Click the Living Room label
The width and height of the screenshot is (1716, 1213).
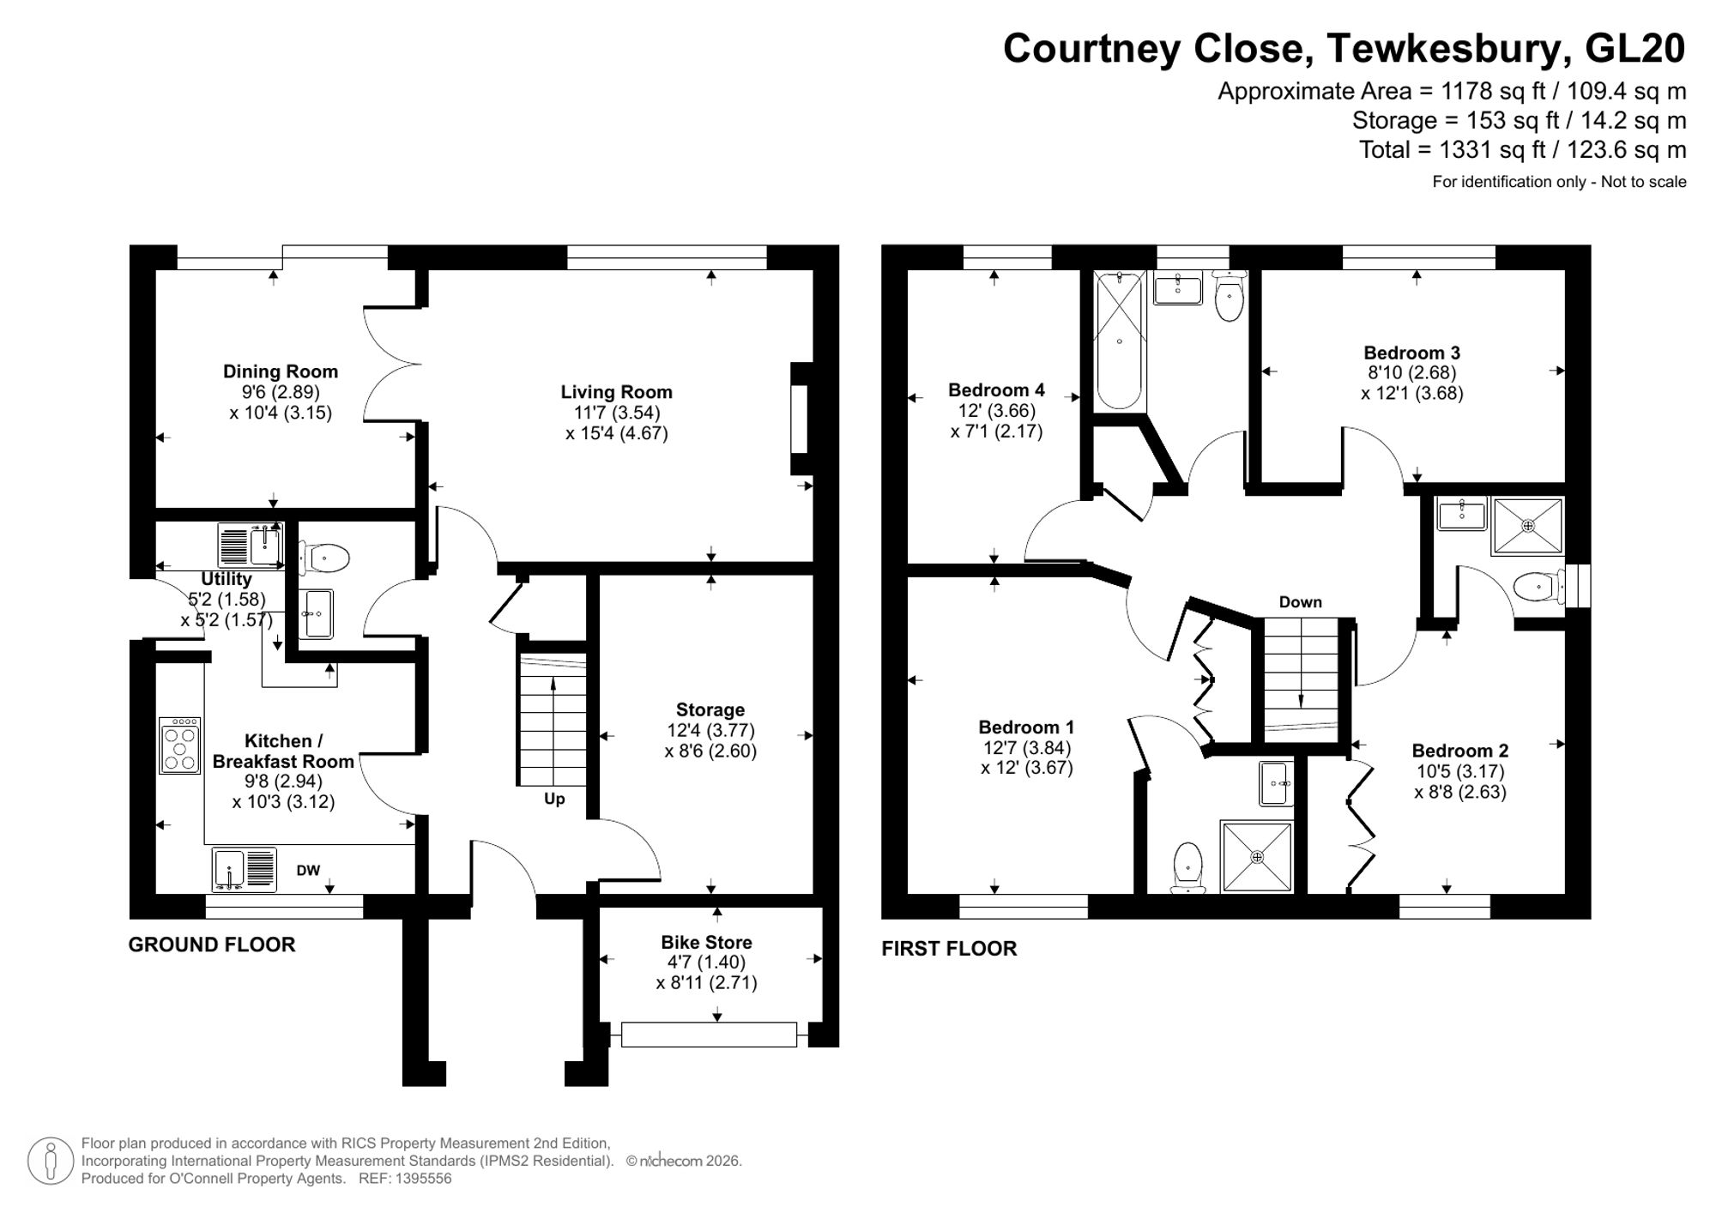pos(616,392)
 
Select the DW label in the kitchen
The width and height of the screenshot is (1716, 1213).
pos(308,871)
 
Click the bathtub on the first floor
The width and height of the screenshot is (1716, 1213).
pos(1119,340)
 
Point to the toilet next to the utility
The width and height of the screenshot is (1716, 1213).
pos(325,559)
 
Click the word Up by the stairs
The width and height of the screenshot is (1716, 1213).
pos(554,800)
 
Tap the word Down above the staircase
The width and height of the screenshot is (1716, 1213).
pos(1300,602)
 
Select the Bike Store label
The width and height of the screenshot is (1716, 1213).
pos(706,942)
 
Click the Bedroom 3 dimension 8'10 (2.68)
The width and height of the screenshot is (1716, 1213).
pos(1411,373)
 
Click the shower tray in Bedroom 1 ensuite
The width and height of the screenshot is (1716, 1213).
pos(1257,857)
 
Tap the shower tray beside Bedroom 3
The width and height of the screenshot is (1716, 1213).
pos(1527,526)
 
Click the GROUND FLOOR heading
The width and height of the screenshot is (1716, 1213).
pos(212,944)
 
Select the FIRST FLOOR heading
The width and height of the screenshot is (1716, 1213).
pos(949,949)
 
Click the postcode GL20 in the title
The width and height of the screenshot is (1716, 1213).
pos(1634,49)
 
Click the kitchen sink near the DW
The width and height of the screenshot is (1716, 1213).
pos(245,869)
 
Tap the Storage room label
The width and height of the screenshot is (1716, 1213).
pos(710,709)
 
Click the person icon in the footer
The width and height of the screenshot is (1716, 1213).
pos(51,1162)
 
